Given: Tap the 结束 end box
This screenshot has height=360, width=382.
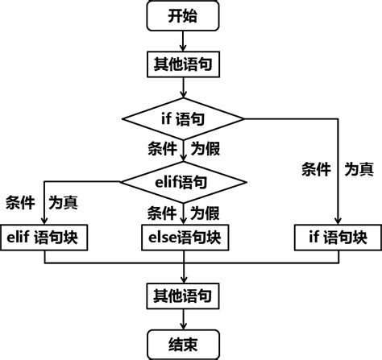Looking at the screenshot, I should point(183,344).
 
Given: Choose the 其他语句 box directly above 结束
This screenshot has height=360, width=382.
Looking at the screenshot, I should point(183,296).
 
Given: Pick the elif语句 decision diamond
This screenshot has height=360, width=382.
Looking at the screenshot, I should point(184,182).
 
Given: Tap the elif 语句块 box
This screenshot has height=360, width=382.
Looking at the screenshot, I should point(44,238).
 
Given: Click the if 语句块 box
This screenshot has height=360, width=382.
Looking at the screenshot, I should point(338,238).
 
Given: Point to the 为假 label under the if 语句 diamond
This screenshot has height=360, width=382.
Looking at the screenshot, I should point(206,149).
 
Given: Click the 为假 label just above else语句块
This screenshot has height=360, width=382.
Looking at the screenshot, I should point(206,213).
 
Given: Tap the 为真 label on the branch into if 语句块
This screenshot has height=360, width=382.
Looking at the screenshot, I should point(359,169).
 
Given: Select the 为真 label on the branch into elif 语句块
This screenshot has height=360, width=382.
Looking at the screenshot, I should point(64,201).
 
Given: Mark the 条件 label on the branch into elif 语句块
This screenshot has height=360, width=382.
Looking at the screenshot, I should point(19,201).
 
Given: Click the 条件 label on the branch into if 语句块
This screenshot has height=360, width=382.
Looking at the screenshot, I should point(316,169).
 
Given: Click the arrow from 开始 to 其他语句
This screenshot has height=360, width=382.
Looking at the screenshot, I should point(184,41).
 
